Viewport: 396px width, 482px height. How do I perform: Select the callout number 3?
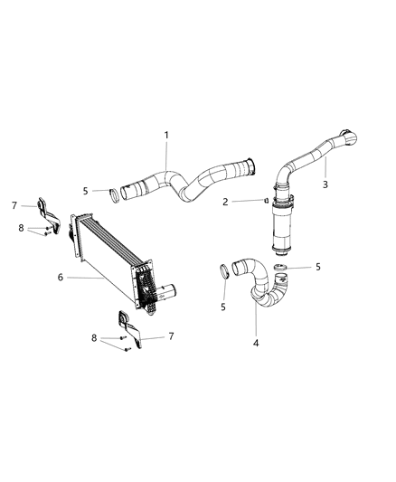[x=325, y=184]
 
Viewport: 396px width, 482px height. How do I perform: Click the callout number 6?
[x=61, y=279]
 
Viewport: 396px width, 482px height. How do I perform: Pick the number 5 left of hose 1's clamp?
[x=86, y=191]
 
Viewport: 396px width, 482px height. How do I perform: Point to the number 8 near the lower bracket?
[x=94, y=337]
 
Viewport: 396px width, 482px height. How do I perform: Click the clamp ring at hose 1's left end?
[x=114, y=193]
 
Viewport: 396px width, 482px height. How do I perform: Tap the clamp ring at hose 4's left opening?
[x=223, y=270]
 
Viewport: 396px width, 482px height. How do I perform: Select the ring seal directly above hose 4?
[x=280, y=269]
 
